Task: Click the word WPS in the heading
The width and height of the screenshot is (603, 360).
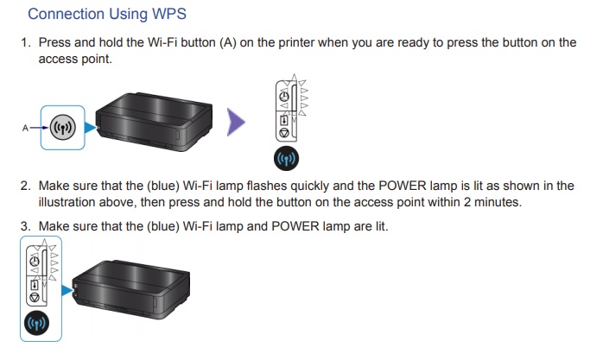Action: pos(168,14)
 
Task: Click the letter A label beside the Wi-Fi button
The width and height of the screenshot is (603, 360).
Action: pos(25,128)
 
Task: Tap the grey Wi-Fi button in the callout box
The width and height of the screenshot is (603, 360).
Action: pos(63,127)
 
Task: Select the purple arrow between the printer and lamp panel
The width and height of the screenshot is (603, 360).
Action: pos(236,123)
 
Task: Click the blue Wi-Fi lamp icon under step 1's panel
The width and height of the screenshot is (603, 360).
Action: pos(286,158)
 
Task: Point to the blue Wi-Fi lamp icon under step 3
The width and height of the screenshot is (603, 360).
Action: pos(36,323)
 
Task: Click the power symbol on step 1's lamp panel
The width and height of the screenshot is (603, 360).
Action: pos(284,95)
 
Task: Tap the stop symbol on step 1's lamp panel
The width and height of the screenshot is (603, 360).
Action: pos(284,133)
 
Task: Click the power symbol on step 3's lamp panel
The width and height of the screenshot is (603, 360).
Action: pos(35,262)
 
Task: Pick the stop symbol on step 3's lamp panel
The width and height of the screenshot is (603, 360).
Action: pos(35,297)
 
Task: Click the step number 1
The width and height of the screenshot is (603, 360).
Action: pos(25,42)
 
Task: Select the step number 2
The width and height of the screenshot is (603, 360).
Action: pos(25,186)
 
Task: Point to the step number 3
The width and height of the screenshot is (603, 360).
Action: pos(25,226)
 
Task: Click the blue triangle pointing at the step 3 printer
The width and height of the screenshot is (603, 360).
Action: pos(67,290)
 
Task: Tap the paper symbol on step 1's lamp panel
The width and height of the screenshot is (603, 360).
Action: pos(284,121)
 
